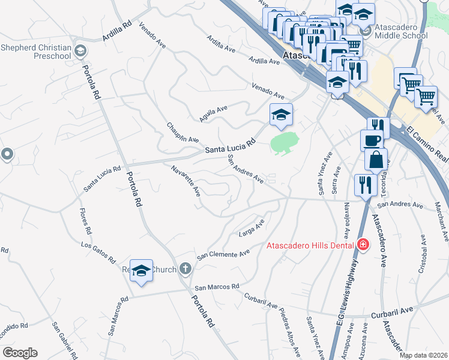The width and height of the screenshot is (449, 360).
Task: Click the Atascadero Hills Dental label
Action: [x=311, y=245]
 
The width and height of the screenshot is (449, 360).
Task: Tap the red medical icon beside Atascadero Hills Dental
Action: [x=362, y=244]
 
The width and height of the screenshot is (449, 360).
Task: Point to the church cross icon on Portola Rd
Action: [x=185, y=268]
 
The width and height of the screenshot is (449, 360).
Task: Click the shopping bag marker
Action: [x=376, y=161]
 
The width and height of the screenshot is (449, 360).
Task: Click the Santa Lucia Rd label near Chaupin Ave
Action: [x=231, y=146]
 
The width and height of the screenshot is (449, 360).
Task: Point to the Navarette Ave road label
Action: [x=185, y=181]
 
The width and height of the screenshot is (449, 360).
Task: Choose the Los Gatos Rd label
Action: [x=98, y=252]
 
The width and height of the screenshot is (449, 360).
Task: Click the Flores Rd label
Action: [x=85, y=221]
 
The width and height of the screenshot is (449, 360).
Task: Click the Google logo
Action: [x=20, y=353]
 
